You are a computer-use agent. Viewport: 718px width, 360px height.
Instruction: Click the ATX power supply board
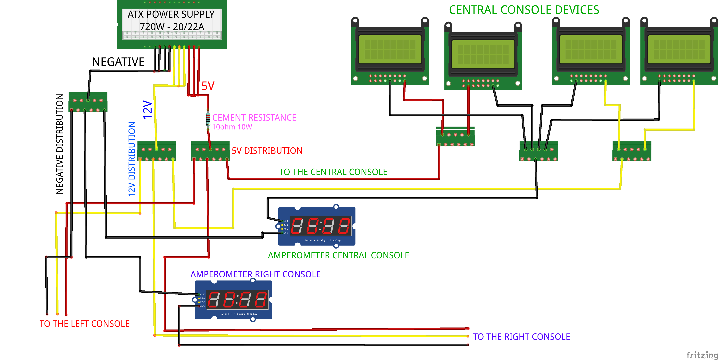pyautogui.click(x=172, y=25)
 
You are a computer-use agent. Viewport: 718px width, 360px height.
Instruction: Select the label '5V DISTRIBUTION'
pyautogui.click(x=267, y=151)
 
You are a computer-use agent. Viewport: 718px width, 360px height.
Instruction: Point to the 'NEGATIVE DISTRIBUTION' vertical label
pyautogui.click(x=60, y=144)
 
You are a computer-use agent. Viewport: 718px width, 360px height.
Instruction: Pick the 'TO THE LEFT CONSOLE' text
pyautogui.click(x=84, y=324)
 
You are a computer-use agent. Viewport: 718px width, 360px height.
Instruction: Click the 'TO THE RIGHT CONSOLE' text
pyautogui.click(x=521, y=337)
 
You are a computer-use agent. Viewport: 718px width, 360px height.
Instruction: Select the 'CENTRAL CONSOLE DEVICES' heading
pyautogui.click(x=524, y=10)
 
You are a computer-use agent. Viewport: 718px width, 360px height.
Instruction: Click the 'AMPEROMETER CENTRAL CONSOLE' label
pyautogui.click(x=338, y=255)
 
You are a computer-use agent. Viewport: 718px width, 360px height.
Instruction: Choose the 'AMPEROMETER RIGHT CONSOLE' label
pyautogui.click(x=255, y=274)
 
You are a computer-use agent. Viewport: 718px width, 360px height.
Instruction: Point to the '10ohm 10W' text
pyautogui.click(x=232, y=127)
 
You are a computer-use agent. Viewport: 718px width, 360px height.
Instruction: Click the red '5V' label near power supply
pyautogui.click(x=208, y=86)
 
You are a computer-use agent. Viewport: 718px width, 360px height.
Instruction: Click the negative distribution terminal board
pyautogui.click(x=88, y=102)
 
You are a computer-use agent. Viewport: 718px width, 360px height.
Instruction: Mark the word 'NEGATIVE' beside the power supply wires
pyautogui.click(x=118, y=62)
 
